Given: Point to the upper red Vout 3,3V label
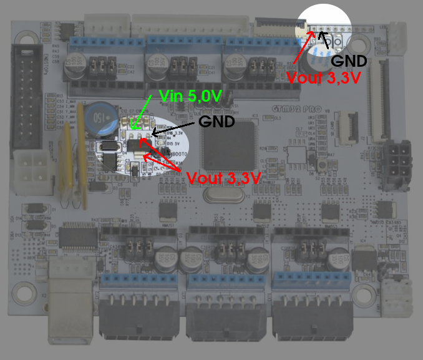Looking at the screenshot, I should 324,78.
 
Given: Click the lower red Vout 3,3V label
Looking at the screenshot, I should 223,177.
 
